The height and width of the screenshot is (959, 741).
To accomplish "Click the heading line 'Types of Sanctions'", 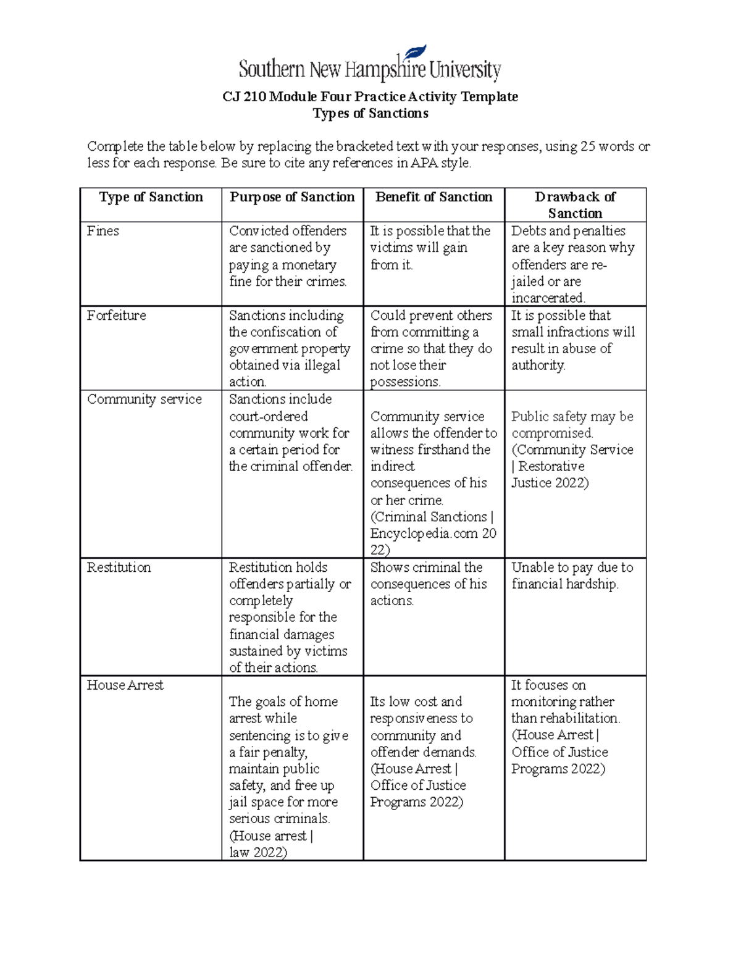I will tap(370, 114).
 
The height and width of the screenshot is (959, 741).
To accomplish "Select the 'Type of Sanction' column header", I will tap(151, 197).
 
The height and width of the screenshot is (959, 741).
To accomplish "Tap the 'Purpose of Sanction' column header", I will tap(292, 197).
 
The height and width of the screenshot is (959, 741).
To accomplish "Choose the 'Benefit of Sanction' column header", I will tap(433, 197).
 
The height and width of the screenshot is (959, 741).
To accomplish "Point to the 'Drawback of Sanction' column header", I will tap(575, 205).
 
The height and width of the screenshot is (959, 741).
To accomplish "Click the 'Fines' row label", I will tap(103, 231).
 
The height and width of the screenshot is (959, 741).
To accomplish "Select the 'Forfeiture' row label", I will tap(117, 316).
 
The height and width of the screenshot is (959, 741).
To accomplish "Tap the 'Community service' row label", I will tap(144, 400).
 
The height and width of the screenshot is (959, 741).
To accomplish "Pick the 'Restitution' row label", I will tap(119, 567).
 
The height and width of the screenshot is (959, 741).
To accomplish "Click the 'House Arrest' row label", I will tap(125, 685).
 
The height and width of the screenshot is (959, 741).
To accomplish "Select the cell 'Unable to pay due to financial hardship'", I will tap(572, 576).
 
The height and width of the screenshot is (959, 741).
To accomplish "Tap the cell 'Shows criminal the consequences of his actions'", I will tap(429, 584).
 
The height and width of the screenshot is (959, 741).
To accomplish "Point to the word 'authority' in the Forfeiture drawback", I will tap(538, 366).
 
